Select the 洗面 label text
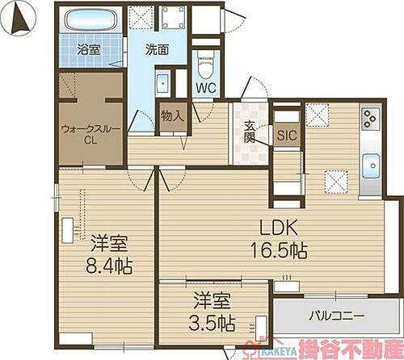click(x=157, y=49)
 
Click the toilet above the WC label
click(x=204, y=61)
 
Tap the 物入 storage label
click(x=174, y=115)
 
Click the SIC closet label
click(x=285, y=136)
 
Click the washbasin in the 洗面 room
click(x=162, y=85)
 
